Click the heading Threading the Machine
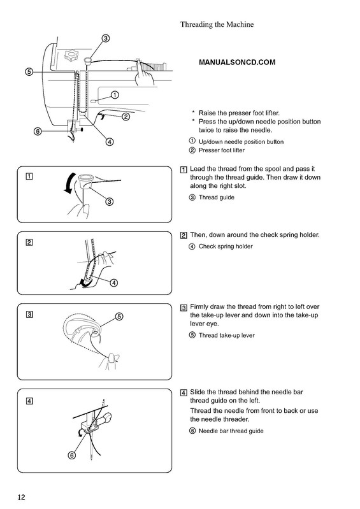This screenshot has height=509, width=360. pyautogui.click(x=217, y=24)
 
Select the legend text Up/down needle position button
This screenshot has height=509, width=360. pyautogui.click(x=241, y=141)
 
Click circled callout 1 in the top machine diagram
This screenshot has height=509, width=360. pyautogui.click(x=115, y=95)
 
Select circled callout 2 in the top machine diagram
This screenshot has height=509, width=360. pyautogui.click(x=126, y=117)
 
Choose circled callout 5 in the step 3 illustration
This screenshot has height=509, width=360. pyautogui.click(x=119, y=317)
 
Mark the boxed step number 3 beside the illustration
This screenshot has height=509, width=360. pyautogui.click(x=30, y=315)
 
